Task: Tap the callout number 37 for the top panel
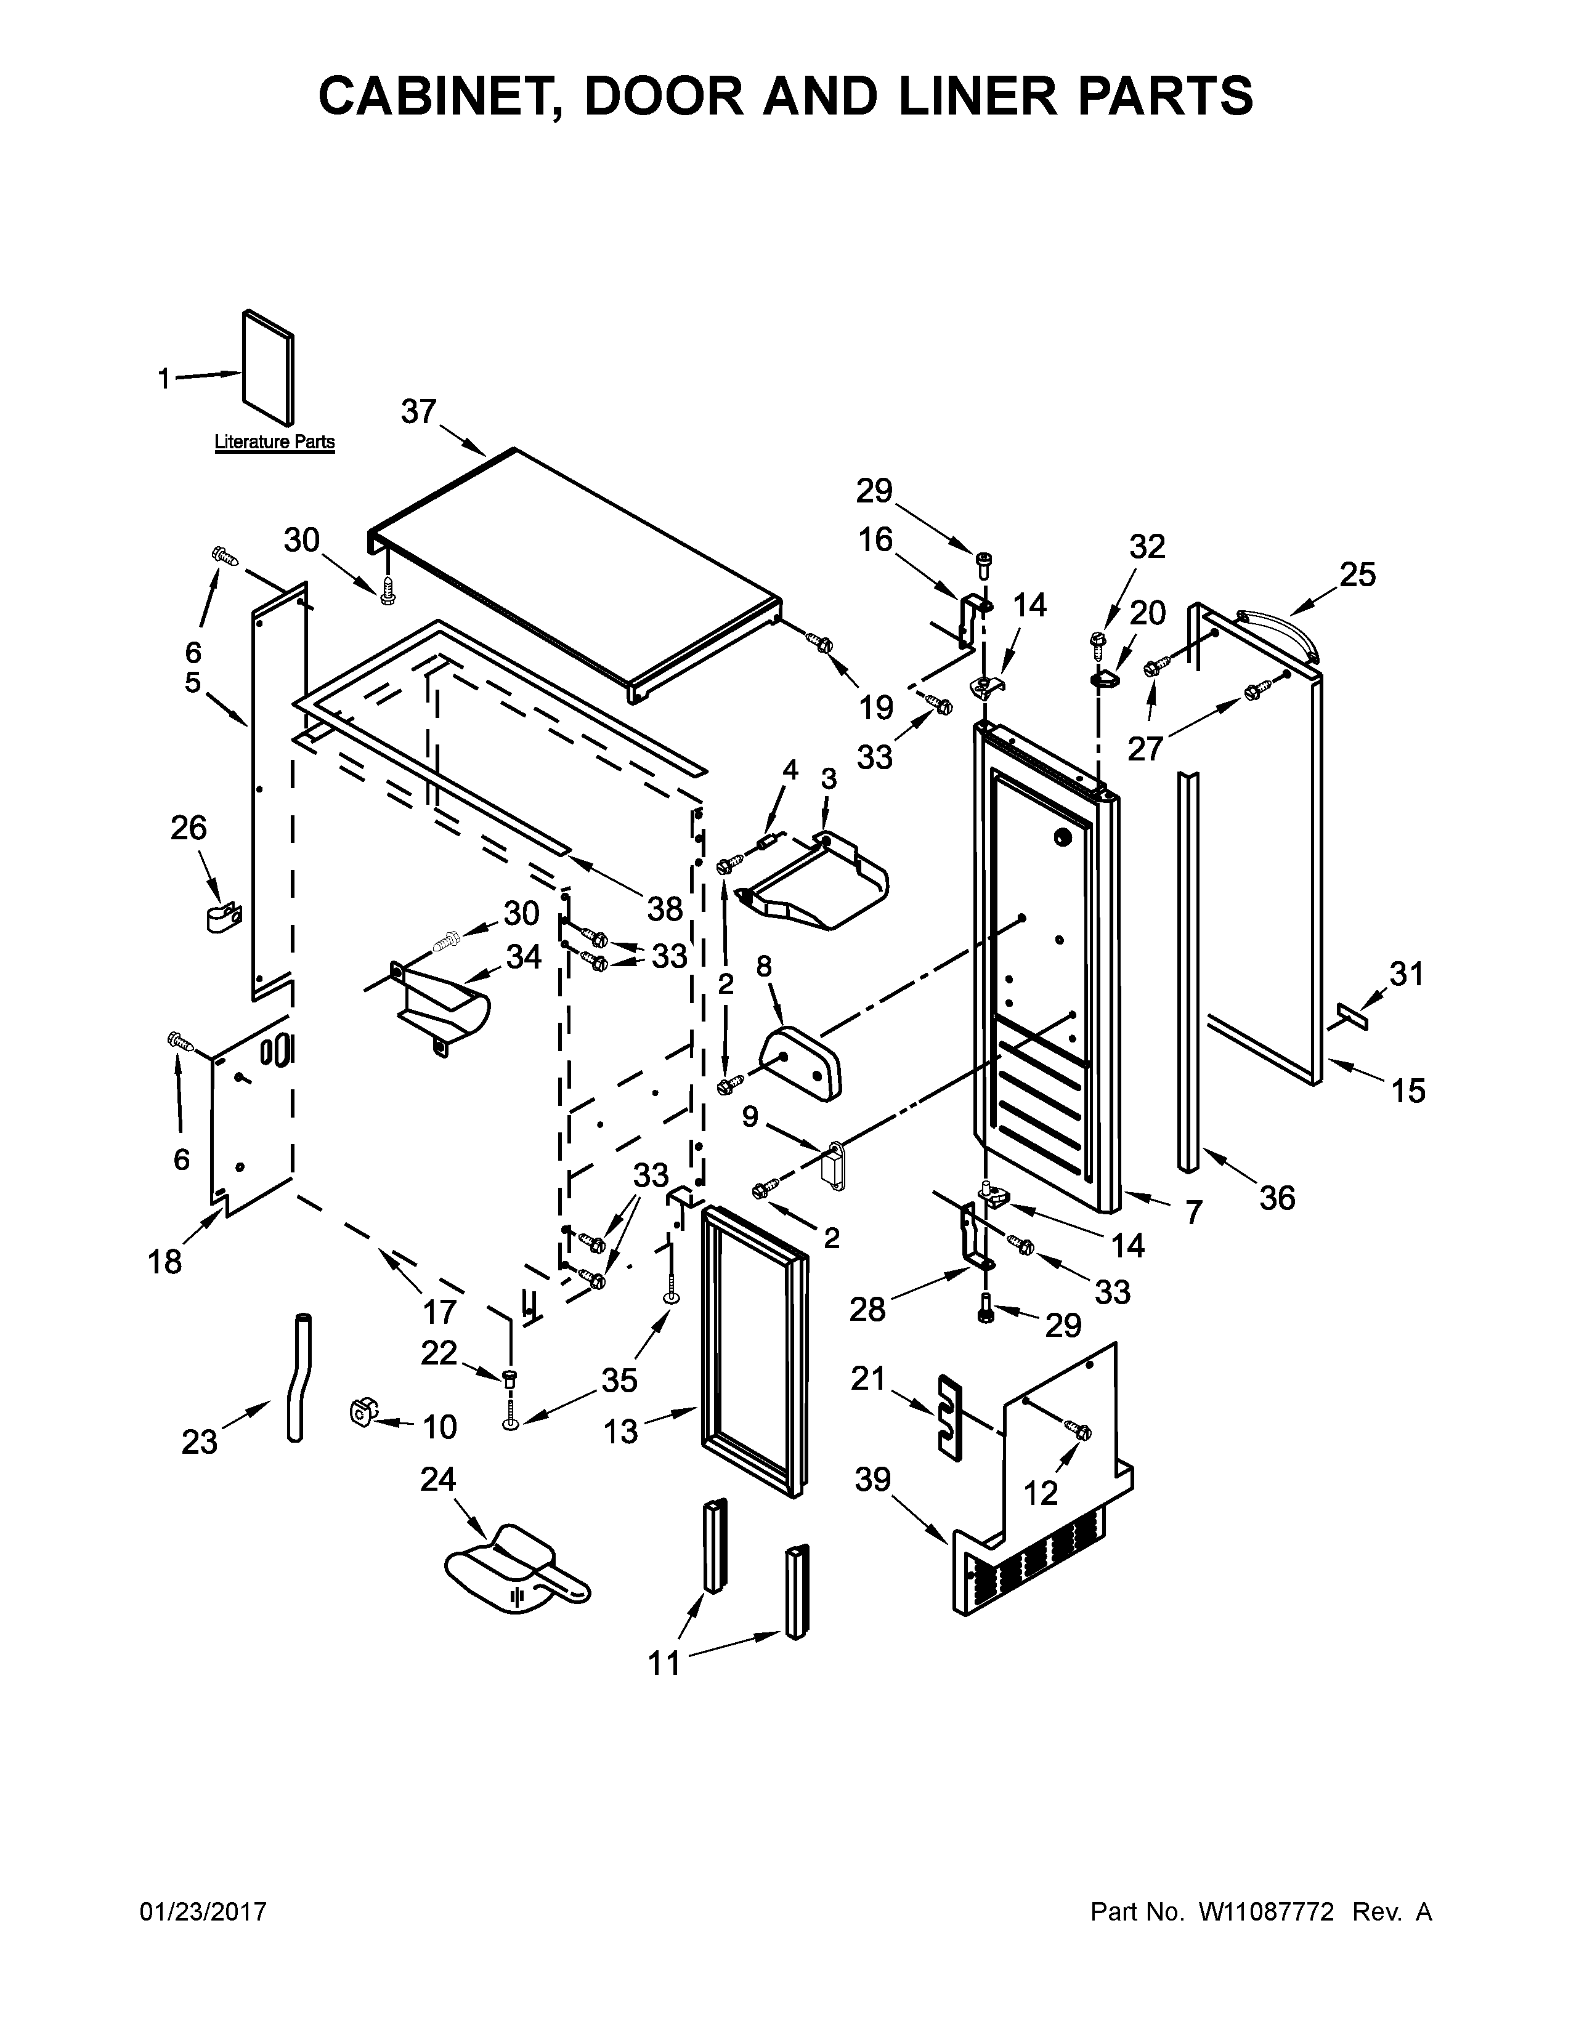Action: [x=419, y=411]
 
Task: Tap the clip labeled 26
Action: [x=222, y=916]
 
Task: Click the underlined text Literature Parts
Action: [x=275, y=442]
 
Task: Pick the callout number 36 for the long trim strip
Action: [x=1277, y=1198]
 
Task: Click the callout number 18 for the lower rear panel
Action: [x=166, y=1262]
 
